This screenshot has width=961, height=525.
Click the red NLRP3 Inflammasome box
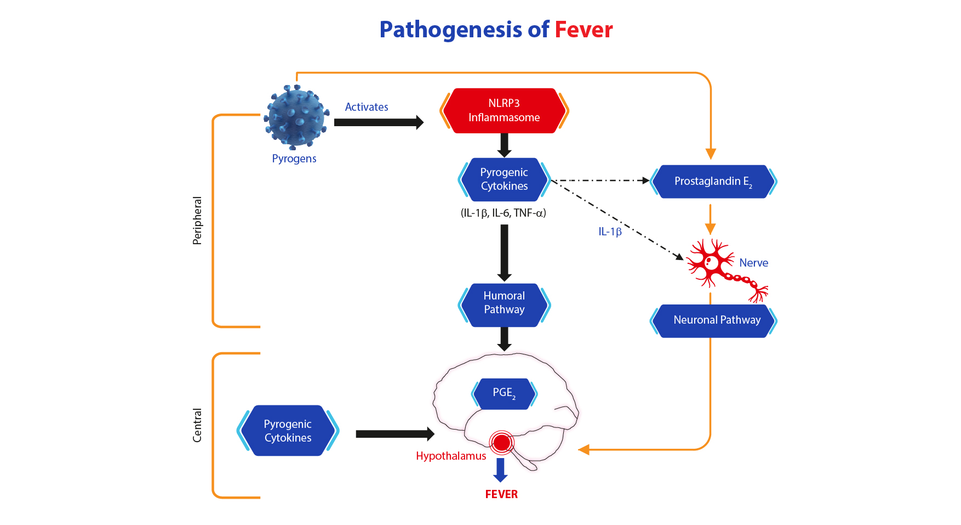[504, 111]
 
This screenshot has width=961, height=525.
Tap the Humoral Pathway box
[504, 305]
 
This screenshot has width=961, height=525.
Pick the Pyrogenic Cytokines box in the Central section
[288, 431]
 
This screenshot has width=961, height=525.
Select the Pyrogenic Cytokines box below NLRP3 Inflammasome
[504, 179]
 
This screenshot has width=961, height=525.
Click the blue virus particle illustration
[296, 117]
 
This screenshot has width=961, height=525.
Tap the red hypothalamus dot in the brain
[502, 442]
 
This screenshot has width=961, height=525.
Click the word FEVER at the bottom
[501, 494]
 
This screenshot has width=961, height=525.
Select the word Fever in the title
[584, 30]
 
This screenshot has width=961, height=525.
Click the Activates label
[367, 107]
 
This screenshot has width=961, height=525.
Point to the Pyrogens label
[294, 159]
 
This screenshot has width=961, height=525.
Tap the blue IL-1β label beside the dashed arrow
[610, 232]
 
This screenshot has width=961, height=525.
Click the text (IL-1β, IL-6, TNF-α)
[504, 213]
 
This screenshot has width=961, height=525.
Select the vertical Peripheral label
[197, 221]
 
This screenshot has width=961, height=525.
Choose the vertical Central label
[197, 425]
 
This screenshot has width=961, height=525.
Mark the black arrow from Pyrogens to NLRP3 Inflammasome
[379, 122]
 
